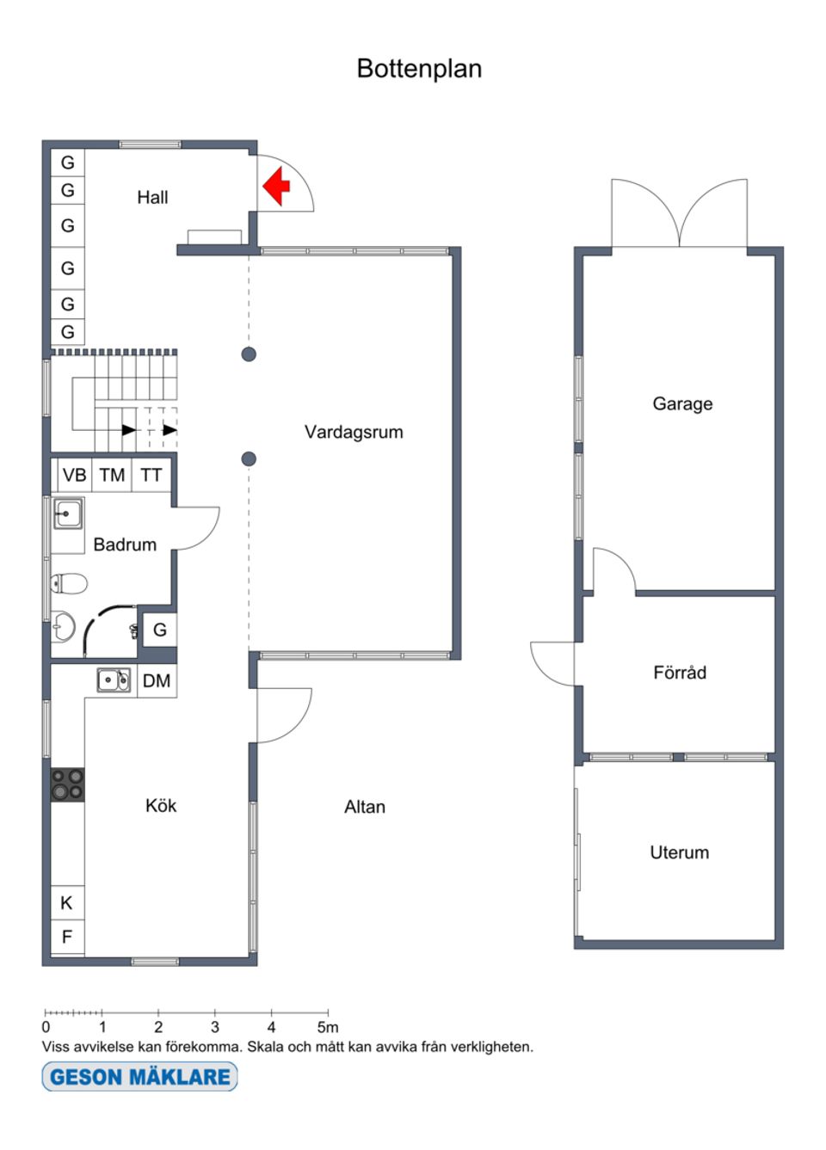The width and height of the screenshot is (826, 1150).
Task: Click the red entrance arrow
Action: coord(276,186)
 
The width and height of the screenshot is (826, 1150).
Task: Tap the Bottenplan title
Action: coord(419,69)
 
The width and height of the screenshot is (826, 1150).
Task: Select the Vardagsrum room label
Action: coord(354,432)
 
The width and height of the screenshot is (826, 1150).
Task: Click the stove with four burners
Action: coord(67,784)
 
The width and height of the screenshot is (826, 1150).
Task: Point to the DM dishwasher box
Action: coord(157,681)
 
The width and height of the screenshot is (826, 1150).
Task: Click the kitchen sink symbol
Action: coord(114,680)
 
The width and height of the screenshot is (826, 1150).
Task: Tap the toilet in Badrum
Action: coord(69,584)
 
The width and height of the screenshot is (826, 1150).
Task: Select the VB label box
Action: coord(74,475)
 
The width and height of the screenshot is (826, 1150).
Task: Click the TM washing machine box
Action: coord(112,475)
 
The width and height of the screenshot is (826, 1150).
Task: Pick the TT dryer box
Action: coord(151,475)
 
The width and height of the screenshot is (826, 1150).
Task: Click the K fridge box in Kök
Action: coord(67,903)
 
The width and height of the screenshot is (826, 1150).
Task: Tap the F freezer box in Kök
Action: coord(67,937)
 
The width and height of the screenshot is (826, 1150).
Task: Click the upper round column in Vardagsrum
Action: coord(249,354)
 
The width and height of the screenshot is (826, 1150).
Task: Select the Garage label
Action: coord(682,403)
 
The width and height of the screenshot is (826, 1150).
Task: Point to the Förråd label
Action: coord(680,673)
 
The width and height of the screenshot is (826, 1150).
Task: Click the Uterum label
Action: coord(680,852)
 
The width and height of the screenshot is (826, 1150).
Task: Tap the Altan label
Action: coord(365,807)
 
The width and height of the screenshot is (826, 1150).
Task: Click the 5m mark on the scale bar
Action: coord(328,1027)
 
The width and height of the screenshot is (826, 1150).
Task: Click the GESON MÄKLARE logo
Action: coord(139,1077)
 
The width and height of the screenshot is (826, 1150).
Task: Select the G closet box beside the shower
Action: coord(159,630)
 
